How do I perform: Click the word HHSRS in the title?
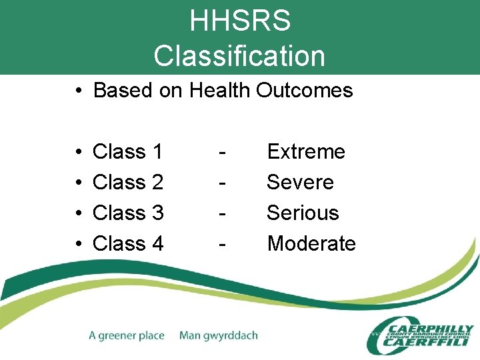pyautogui.click(x=240, y=21)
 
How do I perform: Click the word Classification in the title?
pyautogui.click(x=239, y=56)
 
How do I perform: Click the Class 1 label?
pyautogui.click(x=128, y=152)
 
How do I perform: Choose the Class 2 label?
pyautogui.click(x=128, y=182)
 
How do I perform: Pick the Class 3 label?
pyautogui.click(x=128, y=213)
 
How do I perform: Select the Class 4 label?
pyautogui.click(x=128, y=243)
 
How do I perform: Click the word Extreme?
pyautogui.click(x=306, y=152)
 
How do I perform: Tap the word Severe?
pyautogui.click(x=300, y=182)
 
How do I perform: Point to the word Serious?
pyautogui.click(x=303, y=213)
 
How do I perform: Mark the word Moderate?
pyautogui.click(x=311, y=243)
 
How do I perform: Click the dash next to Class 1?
pyautogui.click(x=221, y=153)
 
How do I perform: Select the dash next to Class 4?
pyautogui.click(x=221, y=244)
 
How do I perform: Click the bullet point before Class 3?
pyautogui.click(x=79, y=213)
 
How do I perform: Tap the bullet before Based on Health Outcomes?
pyautogui.click(x=79, y=91)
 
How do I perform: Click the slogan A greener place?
pyautogui.click(x=126, y=335)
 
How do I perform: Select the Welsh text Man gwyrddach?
pyautogui.click(x=218, y=335)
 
